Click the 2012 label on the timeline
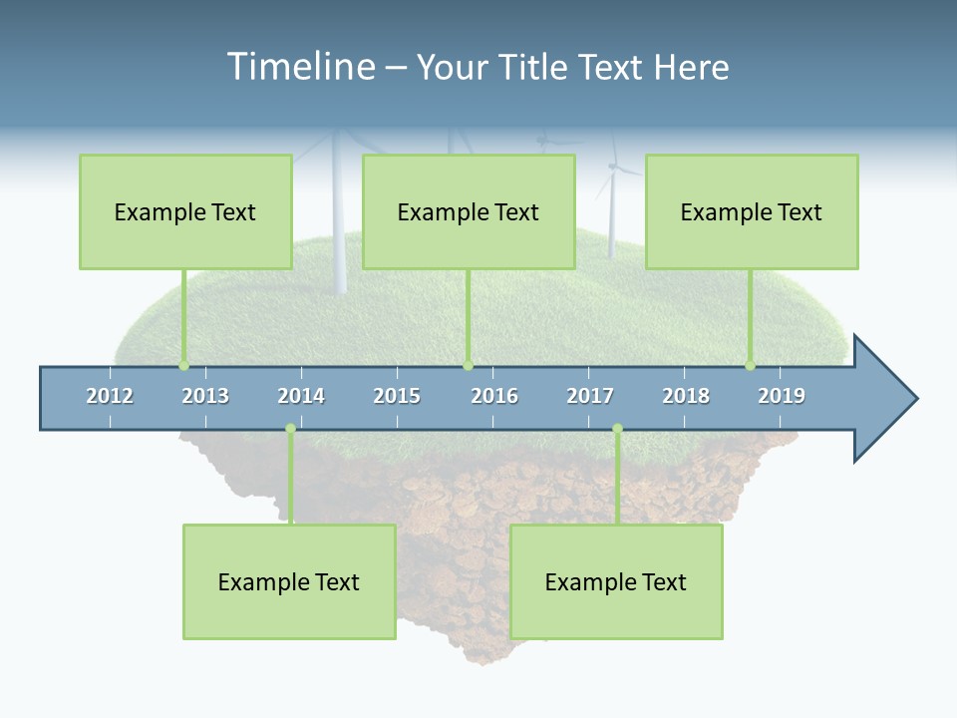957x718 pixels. click(110, 396)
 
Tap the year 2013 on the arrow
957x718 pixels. click(205, 396)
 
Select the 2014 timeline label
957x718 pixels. click(301, 396)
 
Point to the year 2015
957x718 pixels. click(397, 396)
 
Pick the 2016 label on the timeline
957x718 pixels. click(494, 396)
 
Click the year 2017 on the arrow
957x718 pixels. click(590, 396)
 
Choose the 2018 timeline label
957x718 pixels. click(686, 396)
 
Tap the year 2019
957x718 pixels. click(782, 396)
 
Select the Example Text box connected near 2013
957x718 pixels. click(185, 211)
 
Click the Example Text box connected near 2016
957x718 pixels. click(469, 211)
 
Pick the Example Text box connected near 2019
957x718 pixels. click(752, 211)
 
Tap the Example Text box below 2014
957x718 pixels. click(289, 581)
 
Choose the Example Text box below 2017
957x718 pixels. click(616, 581)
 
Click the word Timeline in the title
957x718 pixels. click(299, 67)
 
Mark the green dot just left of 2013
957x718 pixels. click(183, 366)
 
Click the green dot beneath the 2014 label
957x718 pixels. click(290, 429)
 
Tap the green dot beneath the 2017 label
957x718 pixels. click(617, 429)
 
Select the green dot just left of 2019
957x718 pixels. click(750, 366)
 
